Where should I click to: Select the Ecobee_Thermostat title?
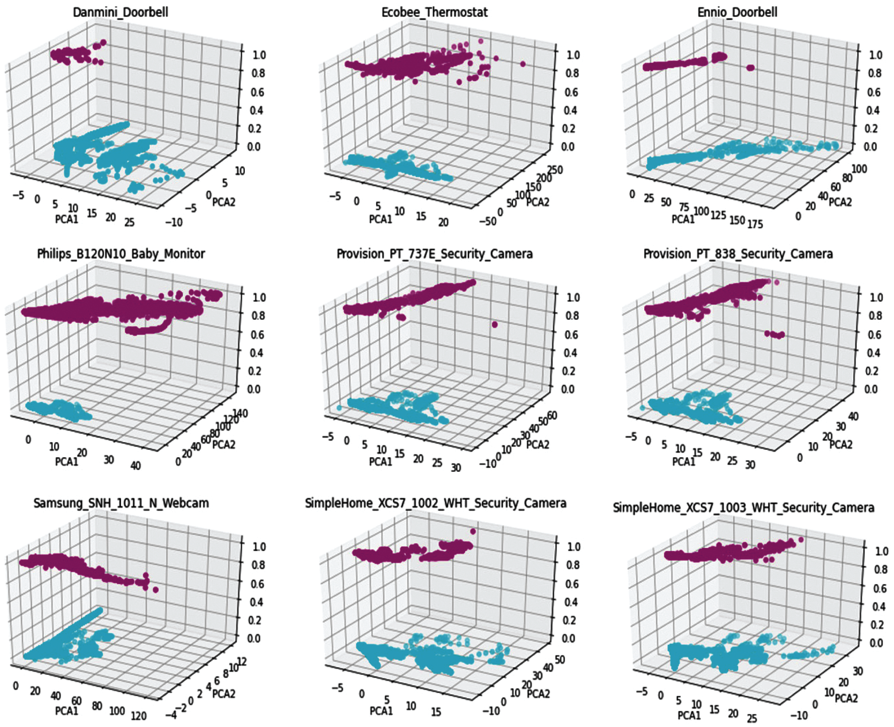tap(434, 12)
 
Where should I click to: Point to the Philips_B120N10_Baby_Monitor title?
tap(121, 254)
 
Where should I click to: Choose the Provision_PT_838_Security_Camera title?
tap(738, 254)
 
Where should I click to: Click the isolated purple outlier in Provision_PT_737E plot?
tap(495, 325)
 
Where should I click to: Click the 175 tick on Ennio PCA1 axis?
tap(754, 224)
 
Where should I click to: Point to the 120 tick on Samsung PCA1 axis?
tap(138, 716)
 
